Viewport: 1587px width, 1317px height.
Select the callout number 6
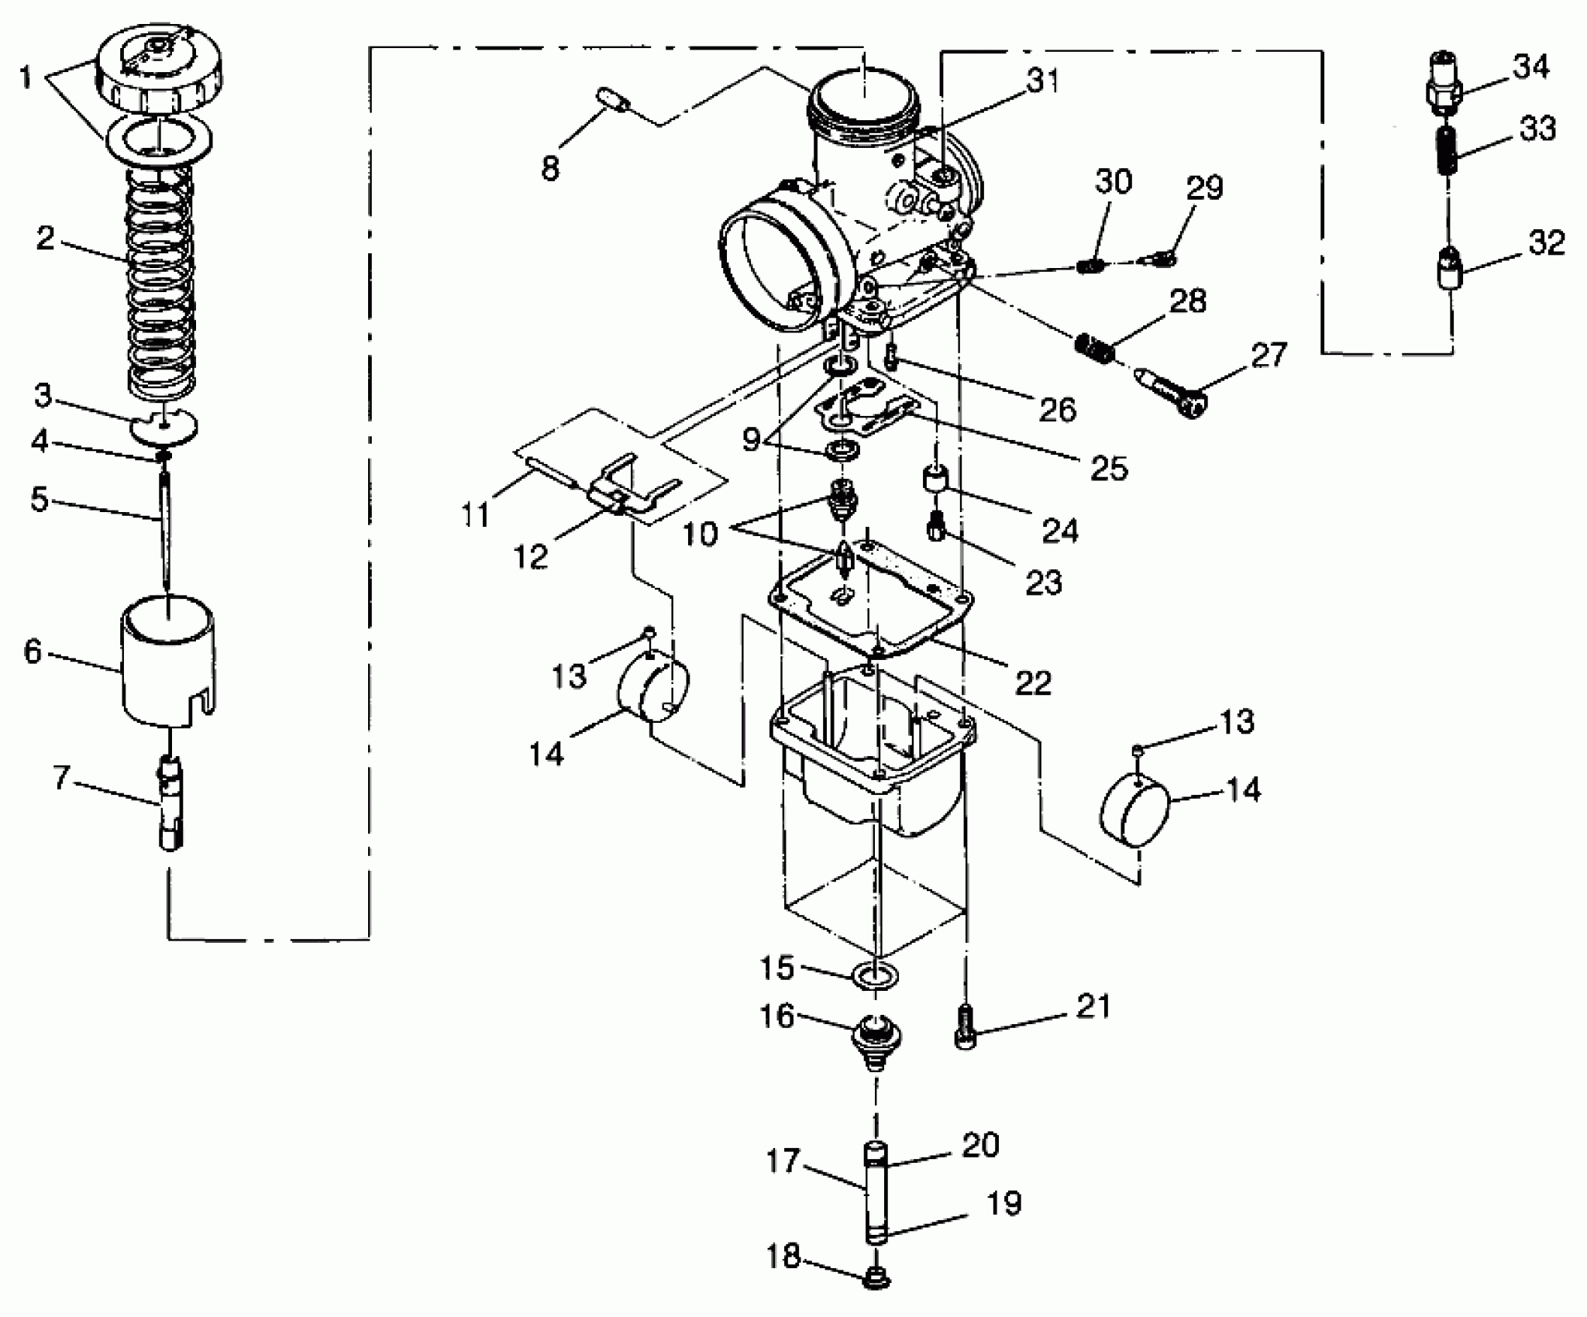click(33, 652)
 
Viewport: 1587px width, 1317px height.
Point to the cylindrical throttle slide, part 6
click(167, 666)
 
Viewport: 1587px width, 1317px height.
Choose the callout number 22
click(1033, 682)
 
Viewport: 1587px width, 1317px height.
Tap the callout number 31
click(1041, 81)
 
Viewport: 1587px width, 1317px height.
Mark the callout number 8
click(550, 168)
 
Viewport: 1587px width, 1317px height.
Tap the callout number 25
click(1109, 468)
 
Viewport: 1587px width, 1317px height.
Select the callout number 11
click(475, 514)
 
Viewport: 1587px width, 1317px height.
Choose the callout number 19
click(1005, 1203)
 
